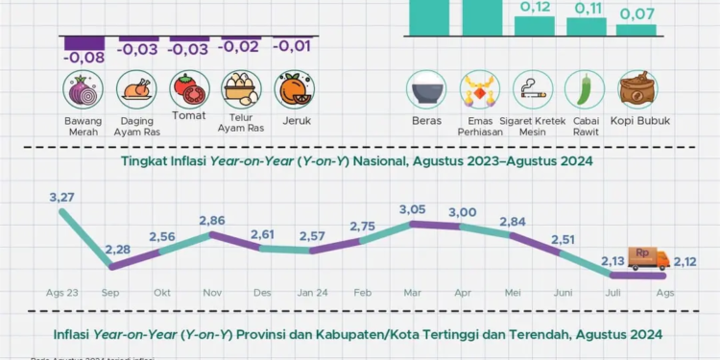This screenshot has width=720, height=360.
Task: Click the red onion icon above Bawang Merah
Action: pos(84,91)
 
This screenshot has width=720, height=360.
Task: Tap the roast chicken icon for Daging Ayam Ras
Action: pos(136,91)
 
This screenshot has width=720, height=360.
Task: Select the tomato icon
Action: pos(188,91)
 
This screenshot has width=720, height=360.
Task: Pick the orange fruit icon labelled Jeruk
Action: pos(291,91)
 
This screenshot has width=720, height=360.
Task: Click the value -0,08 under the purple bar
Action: pos(84,58)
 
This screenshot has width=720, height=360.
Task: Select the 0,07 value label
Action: pos(636,14)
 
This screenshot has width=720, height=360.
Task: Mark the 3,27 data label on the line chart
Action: pos(63,198)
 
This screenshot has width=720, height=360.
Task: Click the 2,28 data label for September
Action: pos(116,251)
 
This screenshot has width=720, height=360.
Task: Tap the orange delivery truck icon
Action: pos(649,258)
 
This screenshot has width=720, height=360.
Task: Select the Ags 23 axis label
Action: pos(63,292)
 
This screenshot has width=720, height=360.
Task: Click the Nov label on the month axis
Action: pos(211,292)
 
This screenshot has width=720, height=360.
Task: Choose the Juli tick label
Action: pos(613,292)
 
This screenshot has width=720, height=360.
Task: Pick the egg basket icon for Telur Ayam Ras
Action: pos(239,91)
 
